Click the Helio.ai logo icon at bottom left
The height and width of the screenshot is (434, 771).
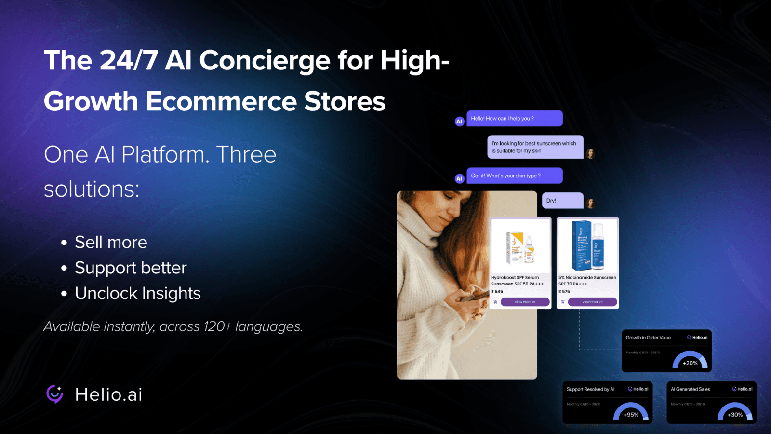(x=54, y=394)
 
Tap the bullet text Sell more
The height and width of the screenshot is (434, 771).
(x=111, y=242)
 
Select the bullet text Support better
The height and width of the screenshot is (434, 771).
(x=131, y=268)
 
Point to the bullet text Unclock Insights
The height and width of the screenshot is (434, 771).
(x=137, y=293)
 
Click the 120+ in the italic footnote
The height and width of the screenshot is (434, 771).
(x=217, y=326)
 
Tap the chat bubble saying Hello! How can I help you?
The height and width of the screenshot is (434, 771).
(x=514, y=118)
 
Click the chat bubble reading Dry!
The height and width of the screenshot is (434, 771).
(x=562, y=201)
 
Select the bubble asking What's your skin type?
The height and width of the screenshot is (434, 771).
(x=514, y=176)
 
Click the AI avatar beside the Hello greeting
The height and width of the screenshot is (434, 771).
(x=459, y=122)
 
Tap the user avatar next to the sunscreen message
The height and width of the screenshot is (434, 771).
(x=590, y=154)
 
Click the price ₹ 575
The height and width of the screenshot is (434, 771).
(x=564, y=291)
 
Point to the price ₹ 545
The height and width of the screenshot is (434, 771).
(x=497, y=291)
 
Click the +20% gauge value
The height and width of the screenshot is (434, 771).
(x=690, y=363)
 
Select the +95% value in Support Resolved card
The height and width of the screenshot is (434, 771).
(x=631, y=415)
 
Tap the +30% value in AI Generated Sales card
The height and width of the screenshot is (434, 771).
(x=735, y=415)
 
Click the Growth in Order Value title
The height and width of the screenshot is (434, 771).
(x=648, y=338)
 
